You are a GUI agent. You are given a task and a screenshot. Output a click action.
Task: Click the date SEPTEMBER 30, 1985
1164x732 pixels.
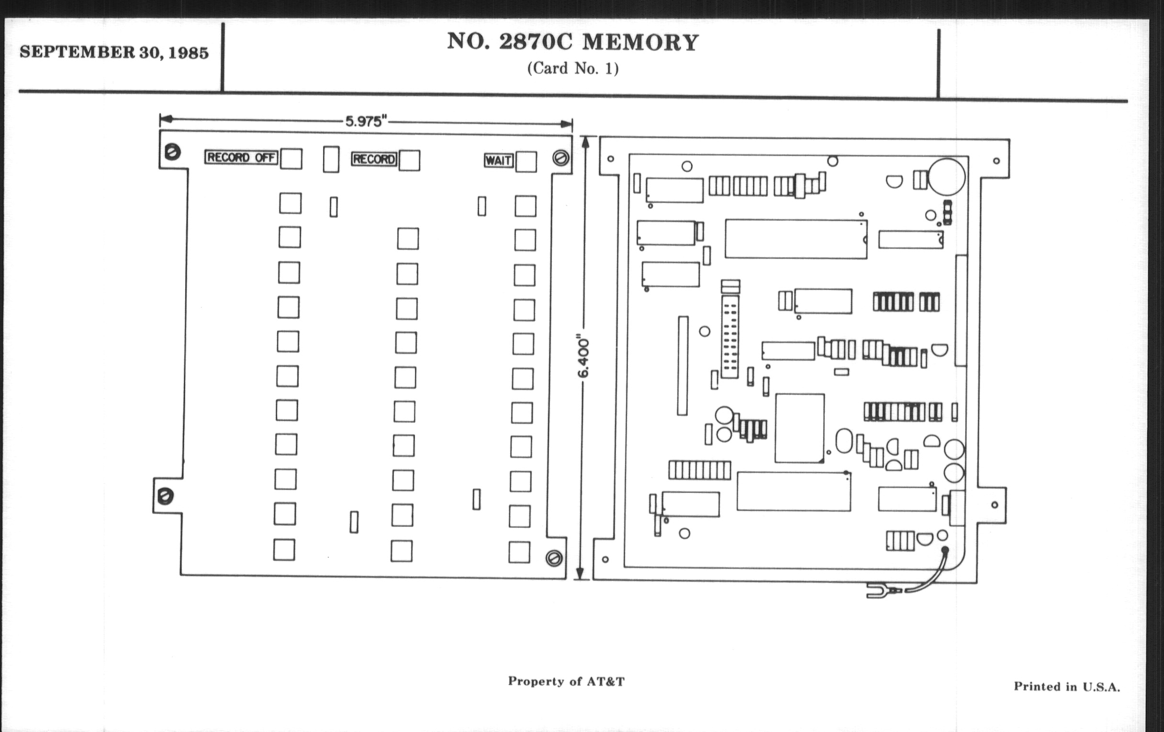point(114,52)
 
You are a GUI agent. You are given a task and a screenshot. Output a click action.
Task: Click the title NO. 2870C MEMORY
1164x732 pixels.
point(573,43)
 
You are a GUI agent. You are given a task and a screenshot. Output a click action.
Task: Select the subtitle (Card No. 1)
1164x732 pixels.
point(573,68)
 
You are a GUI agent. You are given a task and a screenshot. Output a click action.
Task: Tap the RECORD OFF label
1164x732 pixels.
point(241,157)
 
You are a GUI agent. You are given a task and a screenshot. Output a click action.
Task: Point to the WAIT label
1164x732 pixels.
point(498,160)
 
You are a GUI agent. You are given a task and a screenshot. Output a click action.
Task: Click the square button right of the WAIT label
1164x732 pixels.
point(526,162)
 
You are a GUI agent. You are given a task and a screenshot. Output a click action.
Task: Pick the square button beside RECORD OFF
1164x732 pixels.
point(291,159)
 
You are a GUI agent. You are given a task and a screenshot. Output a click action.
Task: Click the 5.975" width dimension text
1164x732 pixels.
point(367,121)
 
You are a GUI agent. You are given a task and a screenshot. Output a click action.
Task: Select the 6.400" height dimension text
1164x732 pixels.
point(584,357)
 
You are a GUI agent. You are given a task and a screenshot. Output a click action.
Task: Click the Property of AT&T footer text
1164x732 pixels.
point(566,681)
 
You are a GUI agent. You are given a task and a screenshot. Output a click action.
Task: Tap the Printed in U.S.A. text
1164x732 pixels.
point(1066,687)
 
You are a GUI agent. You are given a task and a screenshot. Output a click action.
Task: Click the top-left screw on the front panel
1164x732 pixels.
point(173,152)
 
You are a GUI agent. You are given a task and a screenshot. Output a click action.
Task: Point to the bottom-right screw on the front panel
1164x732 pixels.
point(554,558)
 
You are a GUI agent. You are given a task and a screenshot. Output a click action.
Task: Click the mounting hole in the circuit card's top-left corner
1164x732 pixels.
point(611,158)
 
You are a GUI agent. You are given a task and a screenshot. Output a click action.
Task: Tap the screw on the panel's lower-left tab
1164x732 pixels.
point(165,496)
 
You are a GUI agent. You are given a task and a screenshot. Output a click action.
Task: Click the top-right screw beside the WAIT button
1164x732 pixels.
point(561,158)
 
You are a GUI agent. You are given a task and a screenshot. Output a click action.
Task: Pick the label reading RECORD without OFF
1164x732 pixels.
point(374,159)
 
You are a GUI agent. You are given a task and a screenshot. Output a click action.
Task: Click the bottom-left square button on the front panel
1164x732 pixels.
point(284,549)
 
